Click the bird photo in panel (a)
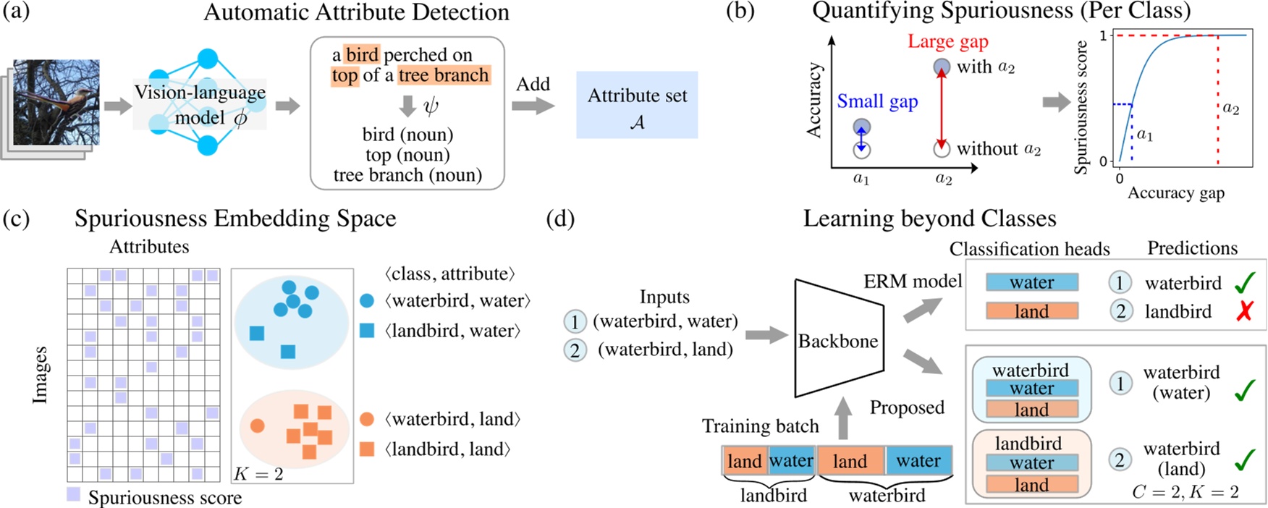click(56, 102)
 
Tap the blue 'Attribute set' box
click(637, 105)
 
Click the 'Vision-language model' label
click(200, 105)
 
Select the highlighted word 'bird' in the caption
click(362, 55)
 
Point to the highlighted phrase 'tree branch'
click(443, 75)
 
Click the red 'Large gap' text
click(947, 41)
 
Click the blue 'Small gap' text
click(877, 101)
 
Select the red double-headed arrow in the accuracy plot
click(941, 108)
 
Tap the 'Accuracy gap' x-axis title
click(1175, 192)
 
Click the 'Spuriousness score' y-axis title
click(1081, 107)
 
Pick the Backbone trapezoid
click(838, 339)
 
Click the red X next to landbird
click(1244, 311)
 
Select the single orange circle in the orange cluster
click(258, 426)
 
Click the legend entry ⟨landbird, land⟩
click(447, 449)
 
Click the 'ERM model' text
click(912, 281)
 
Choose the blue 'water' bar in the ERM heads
click(1031, 282)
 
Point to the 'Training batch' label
click(760, 426)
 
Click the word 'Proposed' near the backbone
click(906, 407)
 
